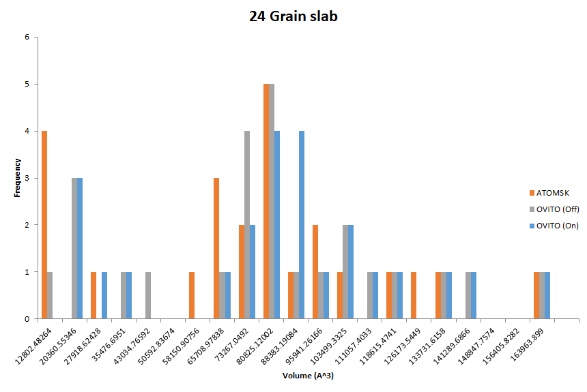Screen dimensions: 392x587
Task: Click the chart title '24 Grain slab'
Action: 293,16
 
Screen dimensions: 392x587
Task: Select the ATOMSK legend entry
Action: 549,193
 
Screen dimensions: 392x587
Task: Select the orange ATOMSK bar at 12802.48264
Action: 44,225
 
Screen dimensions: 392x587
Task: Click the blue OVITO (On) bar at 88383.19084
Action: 301,225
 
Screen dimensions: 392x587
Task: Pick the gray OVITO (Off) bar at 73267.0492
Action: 246,225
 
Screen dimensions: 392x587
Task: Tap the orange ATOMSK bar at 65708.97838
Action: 216,248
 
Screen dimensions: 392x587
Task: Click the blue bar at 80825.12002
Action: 276,225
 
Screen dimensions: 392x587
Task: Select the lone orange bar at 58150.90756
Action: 192,295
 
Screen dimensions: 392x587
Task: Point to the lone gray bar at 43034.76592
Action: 148,295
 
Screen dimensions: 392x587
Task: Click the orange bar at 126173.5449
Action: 413,295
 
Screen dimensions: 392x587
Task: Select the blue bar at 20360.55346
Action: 80,248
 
